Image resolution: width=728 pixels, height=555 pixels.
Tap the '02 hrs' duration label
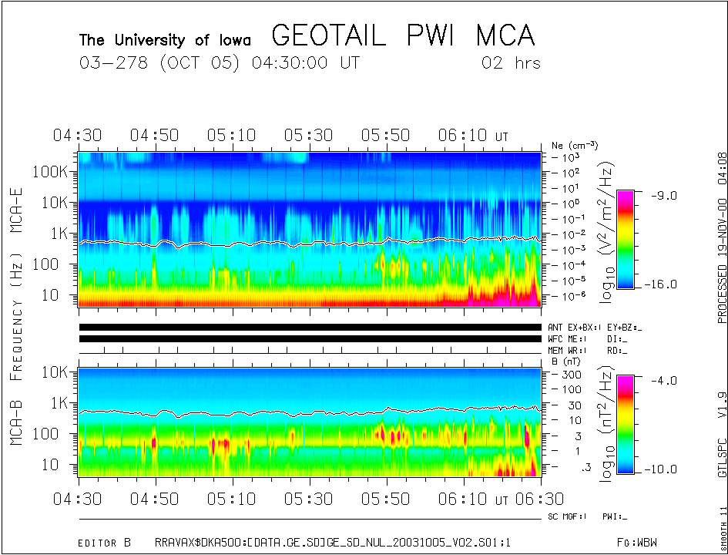[511, 63]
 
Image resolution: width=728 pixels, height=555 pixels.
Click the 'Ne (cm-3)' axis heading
[575, 145]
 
